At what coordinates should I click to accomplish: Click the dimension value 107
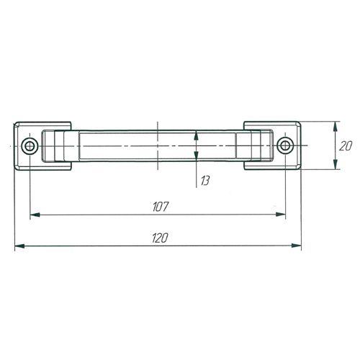tap(161, 207)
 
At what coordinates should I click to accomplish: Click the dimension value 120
tap(160, 238)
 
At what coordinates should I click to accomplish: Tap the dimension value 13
tap(205, 181)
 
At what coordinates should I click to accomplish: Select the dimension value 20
tap(346, 146)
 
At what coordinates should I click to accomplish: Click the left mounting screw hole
tap(30, 146)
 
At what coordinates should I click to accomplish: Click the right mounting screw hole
tap(285, 145)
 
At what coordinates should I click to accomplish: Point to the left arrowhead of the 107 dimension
tap(35, 215)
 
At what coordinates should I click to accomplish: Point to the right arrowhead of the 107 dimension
tap(281, 215)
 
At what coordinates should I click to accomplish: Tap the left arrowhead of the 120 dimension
tap(19, 246)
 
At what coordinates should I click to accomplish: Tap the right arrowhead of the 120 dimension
tap(296, 246)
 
